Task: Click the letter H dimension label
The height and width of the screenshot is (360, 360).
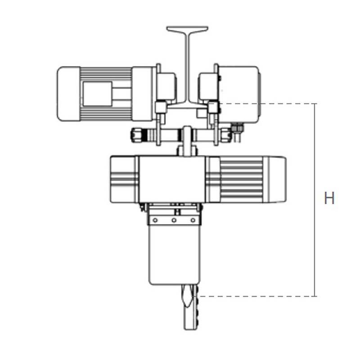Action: [x=329, y=198]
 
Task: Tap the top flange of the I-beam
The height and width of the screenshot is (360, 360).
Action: [x=187, y=29]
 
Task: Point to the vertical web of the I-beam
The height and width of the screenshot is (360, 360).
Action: [x=187, y=67]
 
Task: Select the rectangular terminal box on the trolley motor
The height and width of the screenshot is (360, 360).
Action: [x=97, y=94]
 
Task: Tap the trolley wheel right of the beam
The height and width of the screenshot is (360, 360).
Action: [x=208, y=86]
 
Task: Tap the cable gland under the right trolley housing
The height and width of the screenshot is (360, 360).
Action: [x=237, y=130]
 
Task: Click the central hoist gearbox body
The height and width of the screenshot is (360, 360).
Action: [x=171, y=179]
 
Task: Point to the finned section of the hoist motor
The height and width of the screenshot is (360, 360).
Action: [x=241, y=179]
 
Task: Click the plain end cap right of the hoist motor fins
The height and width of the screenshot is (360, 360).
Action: [x=275, y=179]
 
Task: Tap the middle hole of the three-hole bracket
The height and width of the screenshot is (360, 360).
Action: [x=174, y=220]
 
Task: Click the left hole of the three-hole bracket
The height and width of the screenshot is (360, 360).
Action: [x=155, y=220]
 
